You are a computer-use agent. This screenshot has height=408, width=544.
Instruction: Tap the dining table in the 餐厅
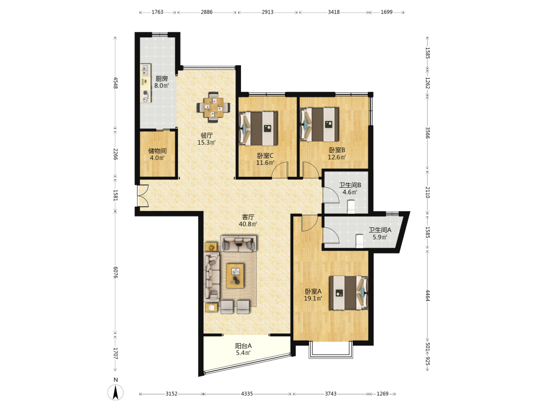(213, 107)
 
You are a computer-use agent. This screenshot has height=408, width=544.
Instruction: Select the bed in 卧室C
(258, 128)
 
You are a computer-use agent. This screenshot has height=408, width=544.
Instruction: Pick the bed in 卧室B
(319, 125)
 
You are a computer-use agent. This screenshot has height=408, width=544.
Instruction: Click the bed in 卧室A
(348, 293)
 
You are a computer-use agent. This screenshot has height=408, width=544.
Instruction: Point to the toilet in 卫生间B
(351, 206)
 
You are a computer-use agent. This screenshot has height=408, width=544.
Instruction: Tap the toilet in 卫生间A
(360, 241)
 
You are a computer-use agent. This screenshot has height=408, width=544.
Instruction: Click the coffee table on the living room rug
(235, 276)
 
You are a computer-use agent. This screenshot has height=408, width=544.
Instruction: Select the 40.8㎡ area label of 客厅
(248, 224)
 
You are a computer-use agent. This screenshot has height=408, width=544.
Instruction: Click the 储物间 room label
(157, 151)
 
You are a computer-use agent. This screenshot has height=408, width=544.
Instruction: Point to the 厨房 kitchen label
(162, 78)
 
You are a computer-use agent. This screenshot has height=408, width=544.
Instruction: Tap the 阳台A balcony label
(243, 345)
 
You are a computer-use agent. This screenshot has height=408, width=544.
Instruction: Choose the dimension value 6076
(115, 273)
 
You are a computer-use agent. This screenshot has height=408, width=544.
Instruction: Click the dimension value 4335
(247, 394)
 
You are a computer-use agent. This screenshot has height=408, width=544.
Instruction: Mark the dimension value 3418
(334, 12)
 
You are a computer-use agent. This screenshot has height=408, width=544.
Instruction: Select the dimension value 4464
(428, 295)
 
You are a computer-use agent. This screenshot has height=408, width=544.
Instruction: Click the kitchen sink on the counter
(145, 70)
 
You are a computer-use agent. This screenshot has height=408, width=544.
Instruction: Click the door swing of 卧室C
(280, 170)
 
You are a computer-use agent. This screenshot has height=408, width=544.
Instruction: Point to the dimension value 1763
(157, 12)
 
